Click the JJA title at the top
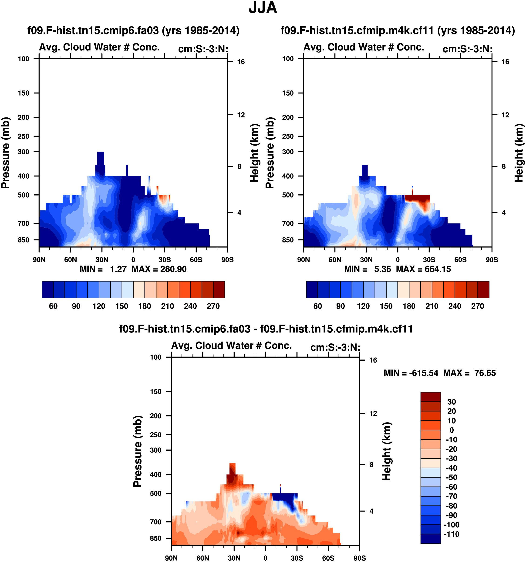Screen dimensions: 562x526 pos(263,8)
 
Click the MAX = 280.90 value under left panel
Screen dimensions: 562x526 pos(159,269)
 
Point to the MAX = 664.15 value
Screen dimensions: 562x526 pos(423,269)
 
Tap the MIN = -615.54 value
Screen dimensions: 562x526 pos(411,373)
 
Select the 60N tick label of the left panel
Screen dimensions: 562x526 pos(71,259)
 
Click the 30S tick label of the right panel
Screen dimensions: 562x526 pos(429,259)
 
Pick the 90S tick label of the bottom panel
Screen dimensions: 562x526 pos(359,558)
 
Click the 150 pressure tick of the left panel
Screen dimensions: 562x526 pos(24,93)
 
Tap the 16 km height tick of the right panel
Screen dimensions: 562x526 pos(505,62)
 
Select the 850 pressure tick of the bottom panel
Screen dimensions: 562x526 pos(156,538)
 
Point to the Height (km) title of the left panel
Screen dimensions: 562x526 pos(255,153)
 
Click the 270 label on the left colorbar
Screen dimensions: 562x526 pos(213,306)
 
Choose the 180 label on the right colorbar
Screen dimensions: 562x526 pos(409,306)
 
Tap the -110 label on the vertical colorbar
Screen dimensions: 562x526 pos(452,534)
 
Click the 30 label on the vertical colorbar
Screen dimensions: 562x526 pos(452,402)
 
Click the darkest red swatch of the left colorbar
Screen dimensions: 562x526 pos(219,289)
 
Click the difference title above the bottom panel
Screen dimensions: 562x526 pos(266,329)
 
